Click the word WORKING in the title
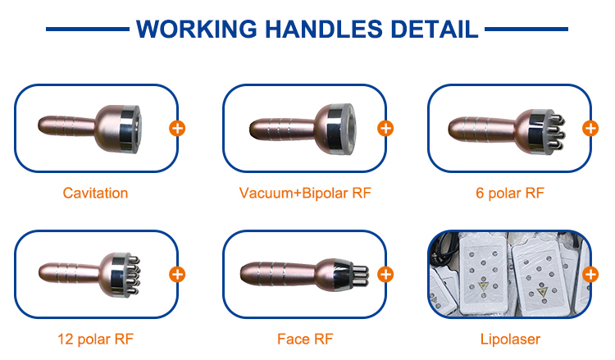pos(197,29)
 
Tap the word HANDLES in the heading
pos(324,29)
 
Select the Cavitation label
pos(95,193)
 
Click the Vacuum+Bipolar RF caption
pos(305,193)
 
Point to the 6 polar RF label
pos(510,193)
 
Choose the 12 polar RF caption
pos(95,339)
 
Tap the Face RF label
pos(305,339)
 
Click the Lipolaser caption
pos(510,339)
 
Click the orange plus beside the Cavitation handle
pos(177,128)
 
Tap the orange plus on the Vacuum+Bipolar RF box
pos(385,128)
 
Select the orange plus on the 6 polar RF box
pos(590,128)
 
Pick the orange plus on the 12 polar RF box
pos(177,275)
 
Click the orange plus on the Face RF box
pos(385,275)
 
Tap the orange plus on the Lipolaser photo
pos(590,275)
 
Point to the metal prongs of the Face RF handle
pos(360,276)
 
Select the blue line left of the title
pos(88,29)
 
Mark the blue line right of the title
pos(526,29)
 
